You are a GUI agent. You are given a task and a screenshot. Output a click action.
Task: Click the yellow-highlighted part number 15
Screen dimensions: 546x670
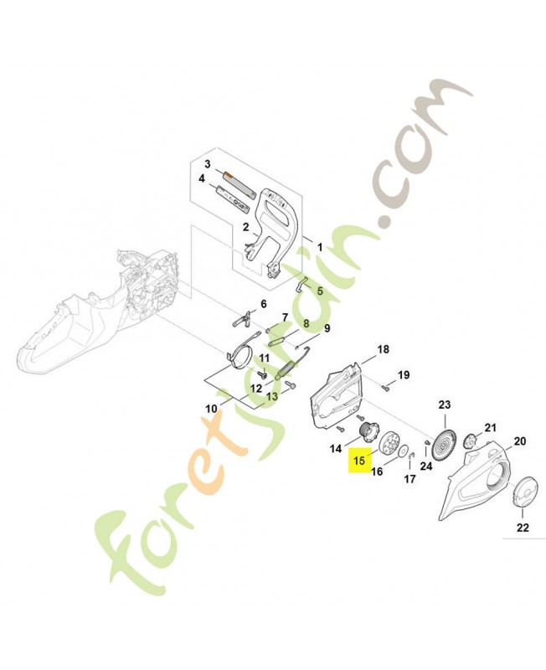[359, 461]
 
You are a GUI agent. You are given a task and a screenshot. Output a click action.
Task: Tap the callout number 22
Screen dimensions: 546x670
[523, 528]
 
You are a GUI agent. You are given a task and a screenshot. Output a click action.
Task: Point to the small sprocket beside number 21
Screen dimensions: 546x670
[471, 441]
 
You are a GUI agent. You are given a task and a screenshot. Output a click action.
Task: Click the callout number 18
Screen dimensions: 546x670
[383, 349]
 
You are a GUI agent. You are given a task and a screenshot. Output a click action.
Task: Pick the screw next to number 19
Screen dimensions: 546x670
[385, 387]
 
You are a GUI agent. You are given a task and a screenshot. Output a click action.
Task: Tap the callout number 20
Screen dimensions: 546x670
[519, 441]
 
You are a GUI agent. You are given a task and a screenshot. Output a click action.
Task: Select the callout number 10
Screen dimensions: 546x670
[212, 409]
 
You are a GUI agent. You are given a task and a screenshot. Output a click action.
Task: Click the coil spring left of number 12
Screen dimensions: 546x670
[286, 369]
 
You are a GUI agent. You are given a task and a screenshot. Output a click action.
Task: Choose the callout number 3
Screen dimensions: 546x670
[208, 164]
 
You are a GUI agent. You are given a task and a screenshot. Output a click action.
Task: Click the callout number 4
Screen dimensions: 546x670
[201, 178]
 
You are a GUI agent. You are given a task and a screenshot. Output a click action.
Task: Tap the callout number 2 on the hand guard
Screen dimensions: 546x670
[245, 227]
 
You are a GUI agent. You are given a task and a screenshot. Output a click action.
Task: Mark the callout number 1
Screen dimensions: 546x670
[319, 247]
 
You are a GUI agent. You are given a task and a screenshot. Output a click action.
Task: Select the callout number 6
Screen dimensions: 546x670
[263, 304]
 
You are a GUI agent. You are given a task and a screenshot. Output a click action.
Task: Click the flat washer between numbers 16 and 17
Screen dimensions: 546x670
[403, 453]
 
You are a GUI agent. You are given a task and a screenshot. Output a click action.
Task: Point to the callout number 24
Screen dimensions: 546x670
[426, 466]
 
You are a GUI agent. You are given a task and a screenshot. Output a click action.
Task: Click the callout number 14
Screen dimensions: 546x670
[336, 449]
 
